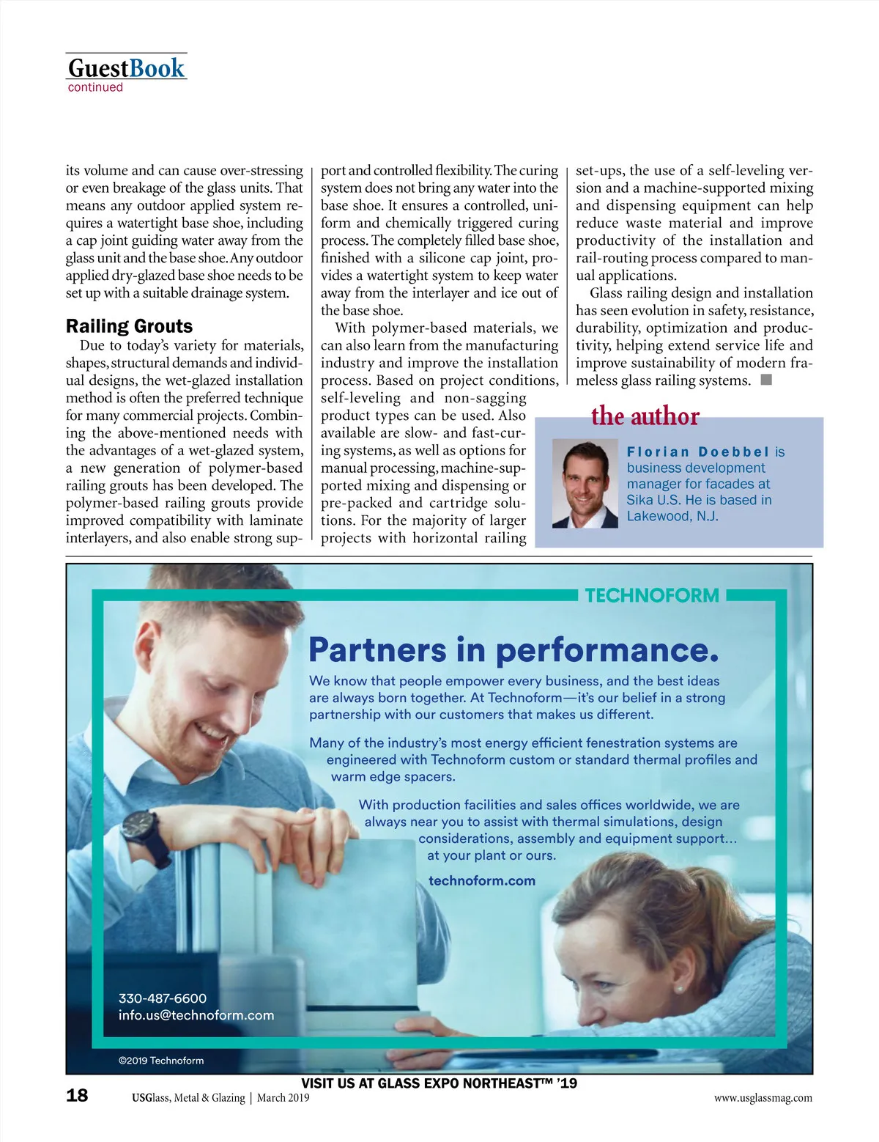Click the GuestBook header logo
126,68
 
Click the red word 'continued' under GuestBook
95,88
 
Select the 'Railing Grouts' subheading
129,326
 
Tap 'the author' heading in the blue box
645,416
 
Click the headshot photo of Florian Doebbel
585,484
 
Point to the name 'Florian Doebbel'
698,452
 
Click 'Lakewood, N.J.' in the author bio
672,516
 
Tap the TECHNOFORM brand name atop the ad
651,595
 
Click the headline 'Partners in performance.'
513,649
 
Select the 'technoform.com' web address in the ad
481,880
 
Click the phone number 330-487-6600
163,998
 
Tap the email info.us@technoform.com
196,1015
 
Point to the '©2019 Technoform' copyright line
161,1061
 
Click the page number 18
77,1096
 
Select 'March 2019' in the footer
283,1098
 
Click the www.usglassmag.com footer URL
763,1098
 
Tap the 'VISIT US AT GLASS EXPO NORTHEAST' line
439,1083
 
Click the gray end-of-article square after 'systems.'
766,380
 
